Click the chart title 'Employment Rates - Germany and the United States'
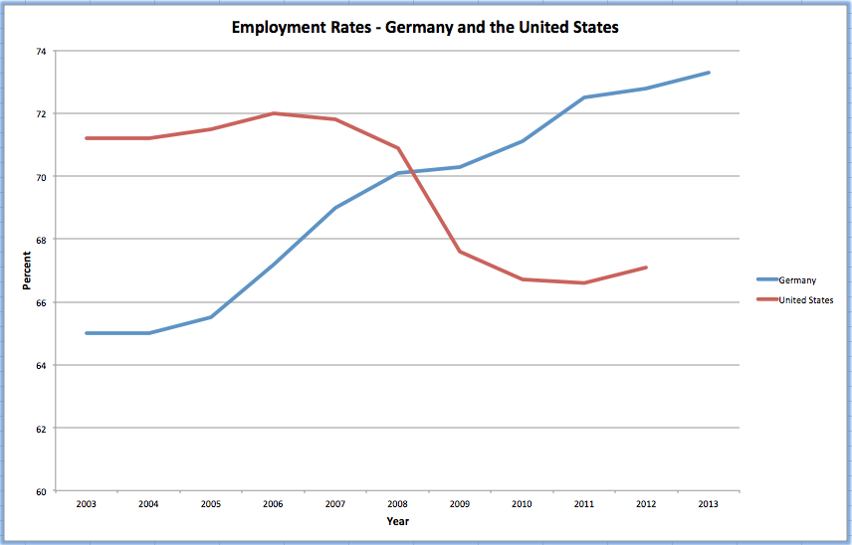(x=425, y=27)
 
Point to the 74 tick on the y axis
(x=41, y=51)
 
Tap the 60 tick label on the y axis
(x=41, y=491)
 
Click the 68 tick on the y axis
(x=41, y=240)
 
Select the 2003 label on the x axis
(x=87, y=504)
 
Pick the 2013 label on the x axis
(x=709, y=504)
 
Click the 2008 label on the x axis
(x=398, y=504)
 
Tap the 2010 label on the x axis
(x=523, y=504)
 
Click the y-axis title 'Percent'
(x=27, y=271)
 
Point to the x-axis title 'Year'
(x=397, y=521)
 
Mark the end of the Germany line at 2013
(x=709, y=73)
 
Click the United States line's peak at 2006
(x=274, y=113)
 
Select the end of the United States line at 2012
(x=647, y=267)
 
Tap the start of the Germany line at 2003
(x=87, y=333)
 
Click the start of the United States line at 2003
(x=87, y=138)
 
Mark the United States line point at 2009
(x=460, y=252)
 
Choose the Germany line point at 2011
(x=584, y=97)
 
